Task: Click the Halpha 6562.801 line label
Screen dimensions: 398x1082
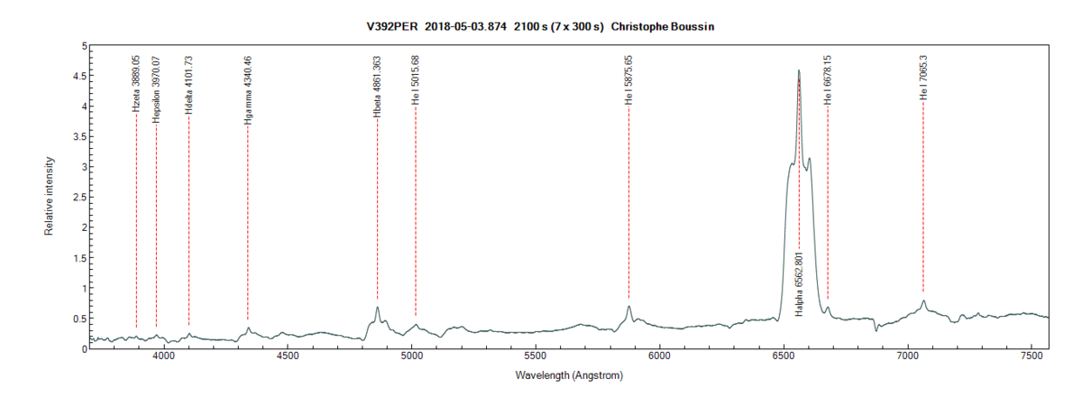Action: [799, 284]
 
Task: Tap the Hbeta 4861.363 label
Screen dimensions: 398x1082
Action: [377, 88]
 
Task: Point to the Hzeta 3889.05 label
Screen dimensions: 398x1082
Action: [136, 83]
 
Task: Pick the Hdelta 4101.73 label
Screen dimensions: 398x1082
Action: [188, 86]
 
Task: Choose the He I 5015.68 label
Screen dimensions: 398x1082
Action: [416, 82]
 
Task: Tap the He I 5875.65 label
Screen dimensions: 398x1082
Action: [628, 80]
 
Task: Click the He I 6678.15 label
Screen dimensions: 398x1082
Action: [828, 79]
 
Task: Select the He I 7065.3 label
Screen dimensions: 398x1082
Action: [923, 77]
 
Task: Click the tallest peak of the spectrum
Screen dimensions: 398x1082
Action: [799, 70]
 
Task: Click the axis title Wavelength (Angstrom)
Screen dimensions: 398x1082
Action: [569, 374]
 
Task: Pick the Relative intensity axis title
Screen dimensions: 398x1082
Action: [49, 197]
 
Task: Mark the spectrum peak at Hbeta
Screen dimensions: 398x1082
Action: [377, 308]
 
